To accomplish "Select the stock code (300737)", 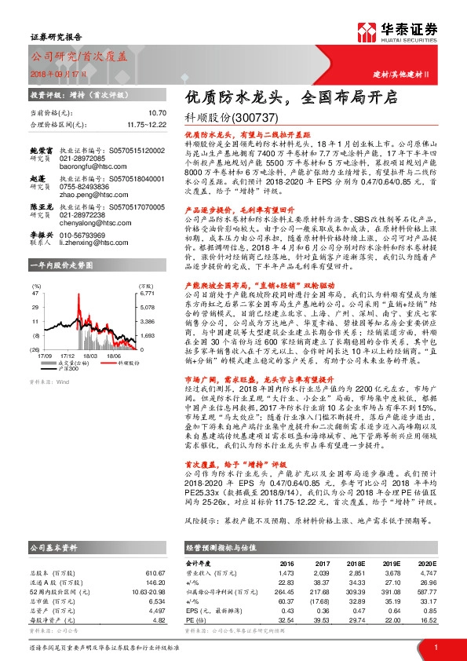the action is [x=257, y=118].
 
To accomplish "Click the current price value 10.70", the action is [x=158, y=114].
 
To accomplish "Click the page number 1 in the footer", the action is [x=435, y=646].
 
